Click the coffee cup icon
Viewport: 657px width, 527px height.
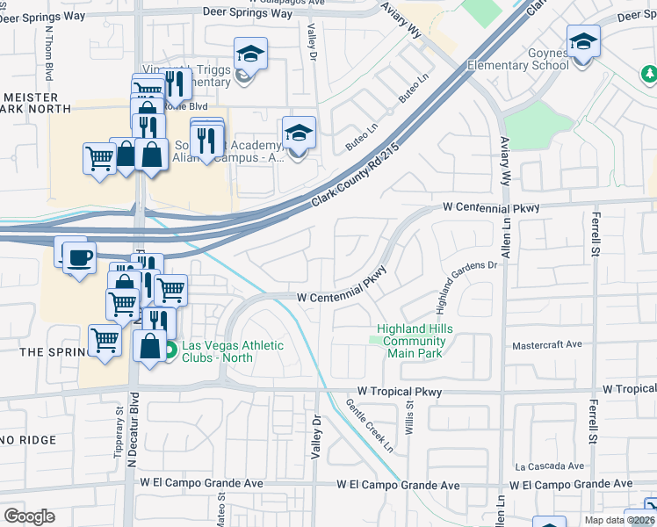point(79,258)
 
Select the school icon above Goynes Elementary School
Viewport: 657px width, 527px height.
point(583,40)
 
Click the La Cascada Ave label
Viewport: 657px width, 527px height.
point(550,466)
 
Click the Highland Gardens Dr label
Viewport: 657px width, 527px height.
point(467,288)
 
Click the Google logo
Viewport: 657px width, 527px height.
point(29,516)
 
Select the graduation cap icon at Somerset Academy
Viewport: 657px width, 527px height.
point(299,134)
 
